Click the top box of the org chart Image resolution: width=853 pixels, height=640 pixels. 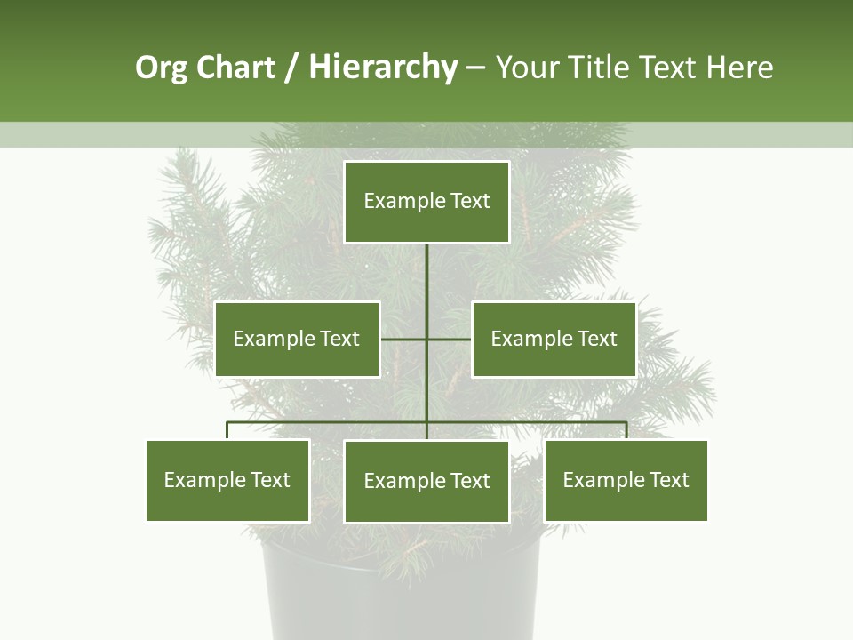[426, 202]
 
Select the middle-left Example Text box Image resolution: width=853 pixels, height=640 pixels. [297, 339]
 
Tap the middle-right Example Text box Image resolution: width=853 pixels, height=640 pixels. [554, 339]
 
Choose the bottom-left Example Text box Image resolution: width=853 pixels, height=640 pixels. [227, 480]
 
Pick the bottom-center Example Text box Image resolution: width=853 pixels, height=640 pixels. [426, 481]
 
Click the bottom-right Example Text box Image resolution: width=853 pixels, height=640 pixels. [626, 480]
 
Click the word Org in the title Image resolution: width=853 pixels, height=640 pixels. [161, 68]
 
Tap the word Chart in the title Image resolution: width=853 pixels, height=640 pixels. [235, 68]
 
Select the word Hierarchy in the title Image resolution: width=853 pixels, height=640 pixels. [383, 68]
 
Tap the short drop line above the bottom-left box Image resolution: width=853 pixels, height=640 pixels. [227, 430]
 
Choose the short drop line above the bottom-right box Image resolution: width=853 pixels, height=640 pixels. [626, 430]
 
